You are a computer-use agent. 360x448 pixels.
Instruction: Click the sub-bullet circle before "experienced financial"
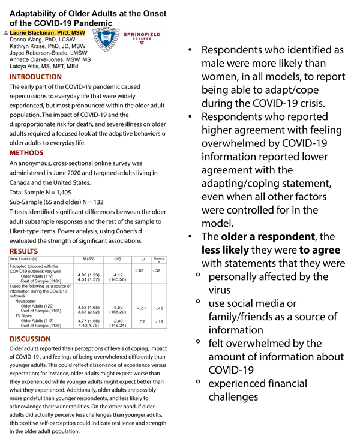coord(198,381)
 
